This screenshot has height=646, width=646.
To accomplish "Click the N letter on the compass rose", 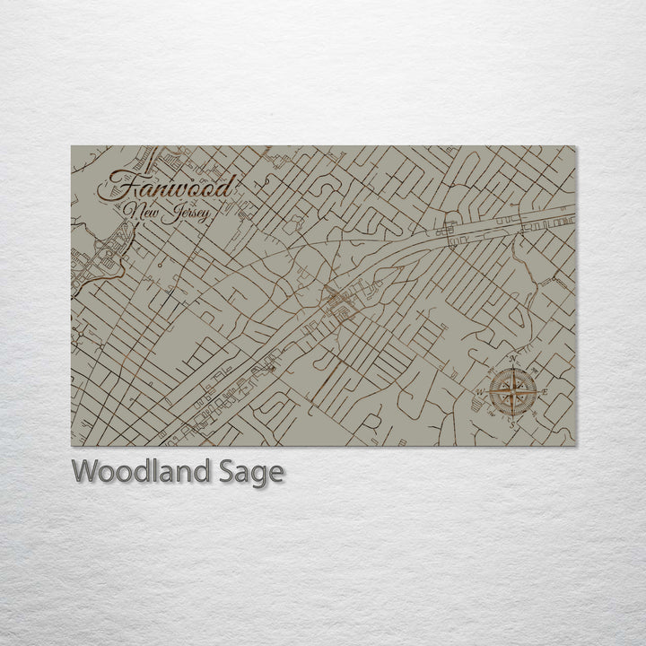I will [513, 361].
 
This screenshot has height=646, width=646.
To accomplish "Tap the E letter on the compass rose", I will [543, 390].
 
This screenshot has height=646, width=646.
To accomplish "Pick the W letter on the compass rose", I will [480, 391].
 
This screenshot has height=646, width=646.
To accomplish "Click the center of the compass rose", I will [513, 391].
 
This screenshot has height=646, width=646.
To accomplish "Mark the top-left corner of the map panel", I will [72, 146].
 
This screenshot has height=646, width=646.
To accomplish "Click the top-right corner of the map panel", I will [575, 146].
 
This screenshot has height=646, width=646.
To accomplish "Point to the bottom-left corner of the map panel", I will [72, 446].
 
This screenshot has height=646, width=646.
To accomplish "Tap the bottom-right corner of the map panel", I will [575, 446].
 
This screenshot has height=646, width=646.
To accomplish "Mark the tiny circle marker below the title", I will [158, 266].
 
